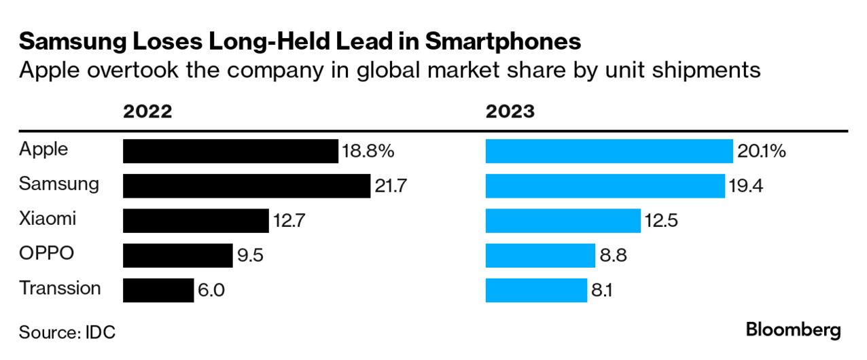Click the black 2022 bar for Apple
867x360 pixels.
230,151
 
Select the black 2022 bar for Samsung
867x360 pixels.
246,185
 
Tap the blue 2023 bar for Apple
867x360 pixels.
609,151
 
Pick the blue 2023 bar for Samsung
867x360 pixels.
605,185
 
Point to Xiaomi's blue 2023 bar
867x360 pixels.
563,221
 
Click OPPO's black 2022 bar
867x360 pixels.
177,255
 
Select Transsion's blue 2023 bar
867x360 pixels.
536,290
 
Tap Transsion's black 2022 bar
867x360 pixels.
158,290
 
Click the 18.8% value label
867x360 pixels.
368,151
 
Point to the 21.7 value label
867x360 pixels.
390,185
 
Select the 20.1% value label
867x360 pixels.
762,151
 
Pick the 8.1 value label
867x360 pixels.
602,290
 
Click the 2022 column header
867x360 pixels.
147,112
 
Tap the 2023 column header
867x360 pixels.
510,112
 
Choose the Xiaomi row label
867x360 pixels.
48,219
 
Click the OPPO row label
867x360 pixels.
46,254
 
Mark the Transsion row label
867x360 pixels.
60,288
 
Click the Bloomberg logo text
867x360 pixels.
793,331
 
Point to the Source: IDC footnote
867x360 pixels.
67,332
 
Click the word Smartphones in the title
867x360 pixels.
503,42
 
